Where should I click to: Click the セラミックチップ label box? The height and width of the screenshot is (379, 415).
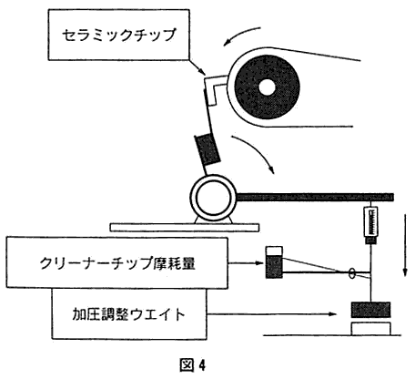point(119,35)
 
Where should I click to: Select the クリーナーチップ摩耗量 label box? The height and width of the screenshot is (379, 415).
point(117,263)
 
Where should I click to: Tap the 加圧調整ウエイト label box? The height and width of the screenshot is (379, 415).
point(129,313)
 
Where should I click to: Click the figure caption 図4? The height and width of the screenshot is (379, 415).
point(192,364)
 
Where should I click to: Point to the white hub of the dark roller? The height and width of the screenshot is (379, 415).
point(267,87)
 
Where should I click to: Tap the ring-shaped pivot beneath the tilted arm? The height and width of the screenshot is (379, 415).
point(213,198)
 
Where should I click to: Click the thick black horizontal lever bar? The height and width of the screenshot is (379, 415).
point(315,198)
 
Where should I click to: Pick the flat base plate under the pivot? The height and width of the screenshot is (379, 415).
point(185,227)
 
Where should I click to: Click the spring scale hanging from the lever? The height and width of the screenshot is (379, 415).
point(370,225)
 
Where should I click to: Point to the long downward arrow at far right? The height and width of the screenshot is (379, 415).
point(404,245)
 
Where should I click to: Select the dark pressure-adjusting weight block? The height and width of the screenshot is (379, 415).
point(370,310)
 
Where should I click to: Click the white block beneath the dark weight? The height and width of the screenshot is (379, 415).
point(370,329)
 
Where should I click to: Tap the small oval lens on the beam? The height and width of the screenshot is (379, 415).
point(352,272)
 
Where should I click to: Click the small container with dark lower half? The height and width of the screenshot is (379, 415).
point(274,262)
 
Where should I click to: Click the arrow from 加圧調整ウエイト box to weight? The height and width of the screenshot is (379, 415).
point(273,314)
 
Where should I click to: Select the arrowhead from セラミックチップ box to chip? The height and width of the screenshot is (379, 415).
point(204,73)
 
